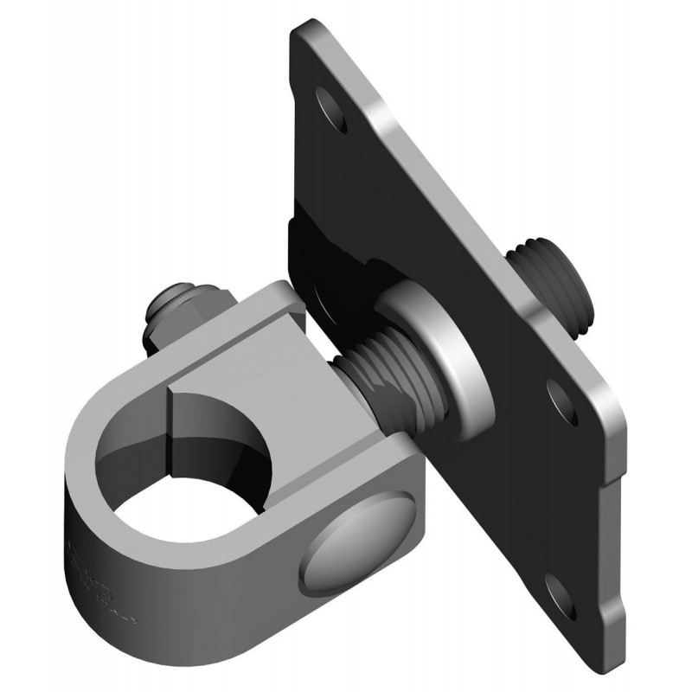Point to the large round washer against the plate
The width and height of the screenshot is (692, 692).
[432, 355]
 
